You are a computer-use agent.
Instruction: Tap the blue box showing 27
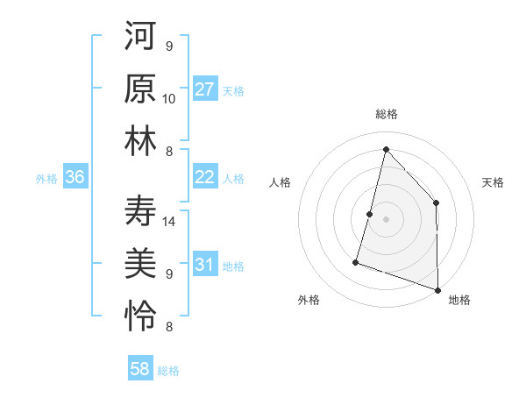(205, 89)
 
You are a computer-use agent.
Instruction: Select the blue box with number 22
(205, 177)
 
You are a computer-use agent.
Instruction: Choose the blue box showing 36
(75, 177)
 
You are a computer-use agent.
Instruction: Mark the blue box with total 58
(140, 369)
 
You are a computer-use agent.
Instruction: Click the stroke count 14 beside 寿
(170, 222)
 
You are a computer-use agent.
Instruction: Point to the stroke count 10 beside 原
(170, 98)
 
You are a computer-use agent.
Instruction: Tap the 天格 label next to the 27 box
(233, 90)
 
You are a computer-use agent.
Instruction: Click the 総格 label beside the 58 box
(168, 371)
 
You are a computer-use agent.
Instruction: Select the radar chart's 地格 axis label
(459, 300)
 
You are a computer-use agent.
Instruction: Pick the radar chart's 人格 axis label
(281, 182)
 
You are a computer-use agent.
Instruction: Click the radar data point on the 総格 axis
(386, 148)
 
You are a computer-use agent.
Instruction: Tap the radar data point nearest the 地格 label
(437, 288)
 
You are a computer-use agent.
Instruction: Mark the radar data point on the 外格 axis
(356, 261)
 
